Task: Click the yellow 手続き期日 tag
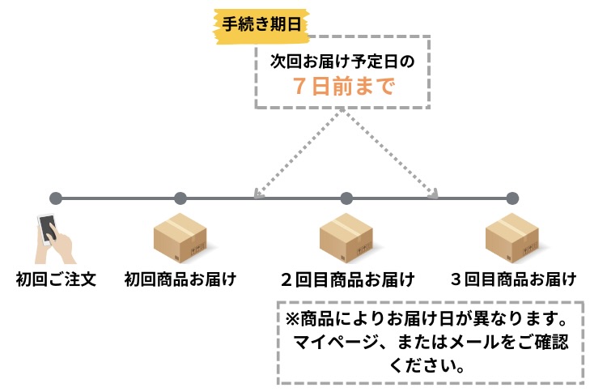[261, 23]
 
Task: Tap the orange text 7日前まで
[344, 87]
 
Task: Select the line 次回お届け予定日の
[344, 59]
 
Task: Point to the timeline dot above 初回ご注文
[55, 198]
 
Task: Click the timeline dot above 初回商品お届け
[180, 198]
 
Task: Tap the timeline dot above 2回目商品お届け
[346, 198]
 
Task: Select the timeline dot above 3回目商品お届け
[512, 198]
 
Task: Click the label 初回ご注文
[56, 280]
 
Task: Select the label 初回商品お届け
[180, 280]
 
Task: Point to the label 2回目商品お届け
[347, 280]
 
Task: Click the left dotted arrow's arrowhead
[257, 193]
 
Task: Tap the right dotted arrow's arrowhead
[435, 193]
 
